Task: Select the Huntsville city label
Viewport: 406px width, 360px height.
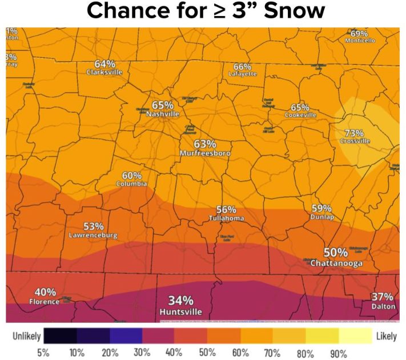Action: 180,312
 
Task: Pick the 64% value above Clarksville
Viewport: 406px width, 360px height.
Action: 105,63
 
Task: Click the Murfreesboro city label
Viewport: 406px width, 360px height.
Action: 205,153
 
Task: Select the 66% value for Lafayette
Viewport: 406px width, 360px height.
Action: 243,66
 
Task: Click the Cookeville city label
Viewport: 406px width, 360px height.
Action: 300,115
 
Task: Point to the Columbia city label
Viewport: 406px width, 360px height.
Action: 131,184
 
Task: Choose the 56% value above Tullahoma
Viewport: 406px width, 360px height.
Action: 226,209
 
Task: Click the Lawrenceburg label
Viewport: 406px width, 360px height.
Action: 93,235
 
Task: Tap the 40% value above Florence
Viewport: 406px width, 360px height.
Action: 45,292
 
